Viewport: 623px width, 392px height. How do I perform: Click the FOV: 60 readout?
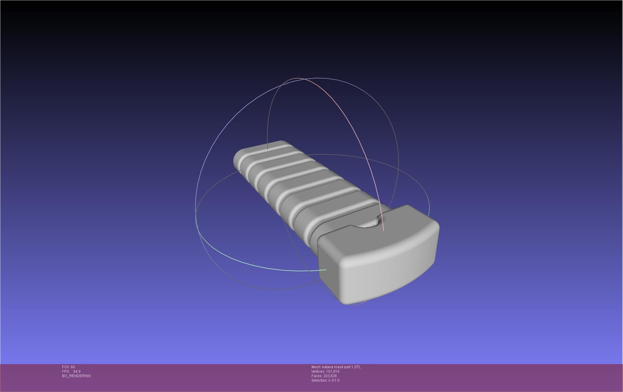(68, 367)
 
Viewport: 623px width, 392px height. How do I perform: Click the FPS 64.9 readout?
(71, 372)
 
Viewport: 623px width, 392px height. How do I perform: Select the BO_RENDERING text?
(76, 376)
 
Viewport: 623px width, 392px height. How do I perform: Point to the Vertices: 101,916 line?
(325, 372)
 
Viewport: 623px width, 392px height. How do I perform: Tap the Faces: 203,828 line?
(324, 376)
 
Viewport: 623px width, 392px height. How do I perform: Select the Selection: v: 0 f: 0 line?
(325, 380)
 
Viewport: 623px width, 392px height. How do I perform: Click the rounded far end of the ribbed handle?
(238, 160)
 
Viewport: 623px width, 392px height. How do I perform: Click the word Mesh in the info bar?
(316, 367)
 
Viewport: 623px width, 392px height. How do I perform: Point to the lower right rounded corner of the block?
(431, 264)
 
